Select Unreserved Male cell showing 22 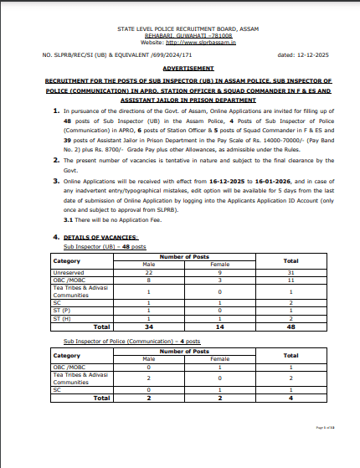tap(148, 272)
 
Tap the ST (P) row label tap(62, 311)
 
